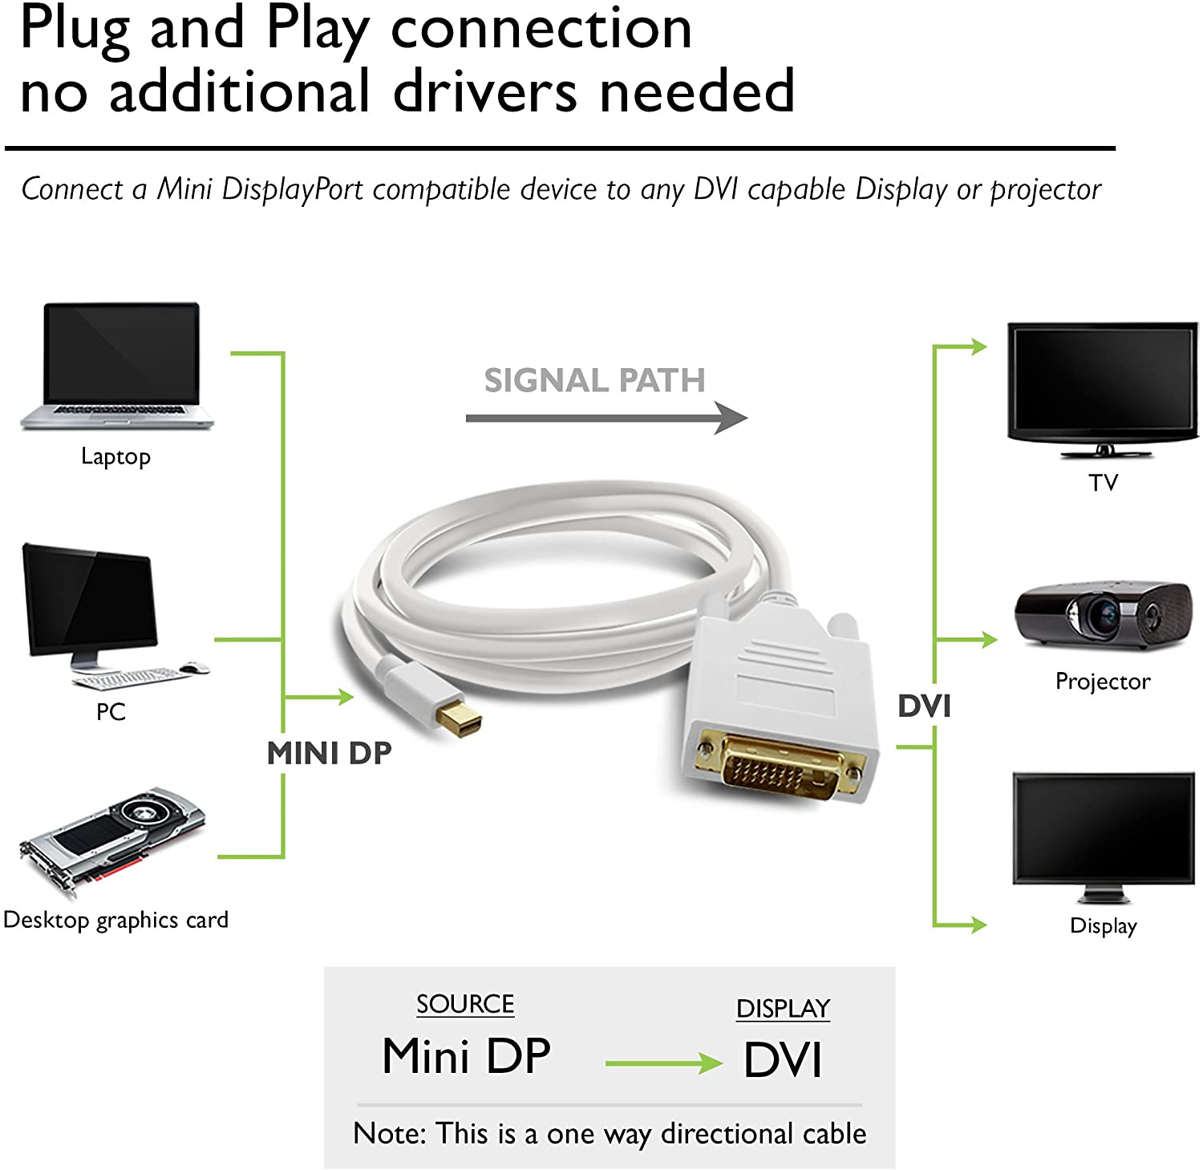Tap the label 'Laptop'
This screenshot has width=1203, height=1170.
point(115,456)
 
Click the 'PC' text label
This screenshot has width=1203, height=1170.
point(111,711)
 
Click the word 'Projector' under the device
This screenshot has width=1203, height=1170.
point(1102,682)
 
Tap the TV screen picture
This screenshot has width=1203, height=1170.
point(1102,385)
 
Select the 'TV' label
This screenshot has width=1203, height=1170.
point(1103,483)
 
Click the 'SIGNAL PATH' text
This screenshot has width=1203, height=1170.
point(594,380)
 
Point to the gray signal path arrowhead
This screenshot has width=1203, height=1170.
point(731,418)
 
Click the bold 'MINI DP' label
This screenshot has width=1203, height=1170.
point(329,753)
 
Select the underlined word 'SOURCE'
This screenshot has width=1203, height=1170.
point(465,1004)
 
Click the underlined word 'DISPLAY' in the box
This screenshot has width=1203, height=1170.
point(783,1009)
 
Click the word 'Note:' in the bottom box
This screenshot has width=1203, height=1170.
point(389,1134)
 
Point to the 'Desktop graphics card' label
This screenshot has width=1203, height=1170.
point(115,920)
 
